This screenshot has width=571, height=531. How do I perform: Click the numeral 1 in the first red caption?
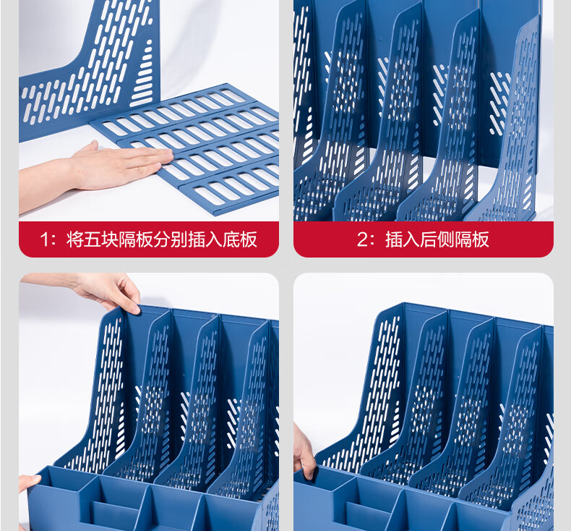[44, 239]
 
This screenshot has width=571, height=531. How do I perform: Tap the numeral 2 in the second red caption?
[362, 239]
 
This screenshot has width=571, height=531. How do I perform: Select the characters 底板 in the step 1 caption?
[240, 239]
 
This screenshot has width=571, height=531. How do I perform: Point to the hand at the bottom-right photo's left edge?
[304, 452]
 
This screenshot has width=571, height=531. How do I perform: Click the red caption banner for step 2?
[424, 239]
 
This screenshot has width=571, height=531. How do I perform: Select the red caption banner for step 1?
[149, 239]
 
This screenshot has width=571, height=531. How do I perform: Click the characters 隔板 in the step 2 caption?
[471, 239]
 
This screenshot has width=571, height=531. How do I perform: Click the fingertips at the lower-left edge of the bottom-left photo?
[28, 482]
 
